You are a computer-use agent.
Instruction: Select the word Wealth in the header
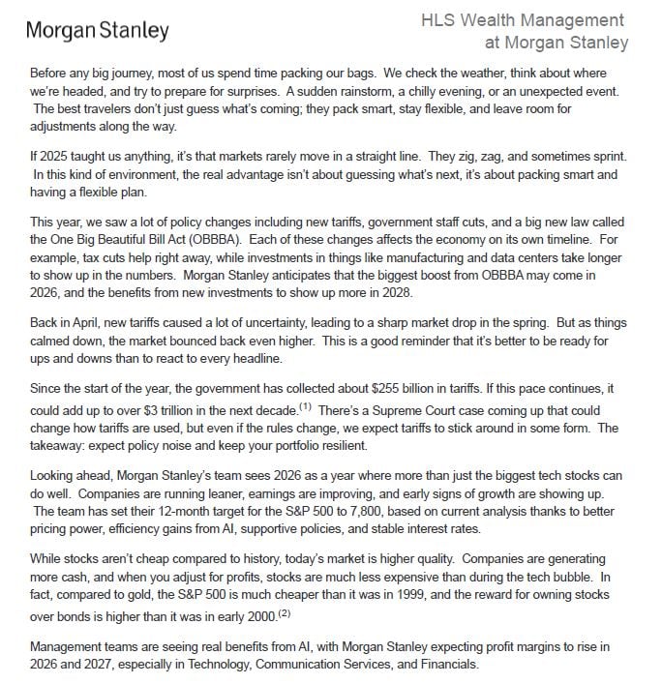click(x=499, y=20)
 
